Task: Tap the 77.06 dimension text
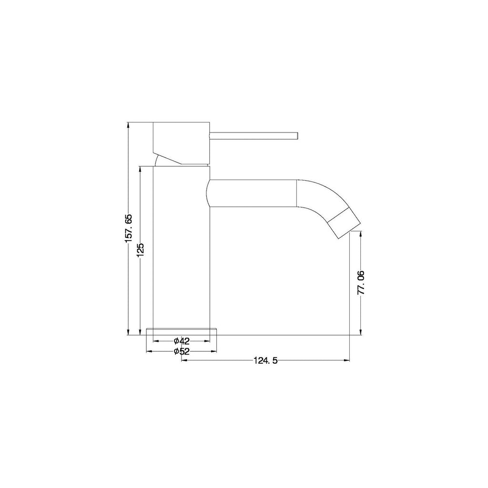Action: (361, 283)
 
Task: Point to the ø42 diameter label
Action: (182, 341)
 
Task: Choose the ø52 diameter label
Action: (182, 351)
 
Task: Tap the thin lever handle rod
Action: (254, 135)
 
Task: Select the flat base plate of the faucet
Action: (182, 332)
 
